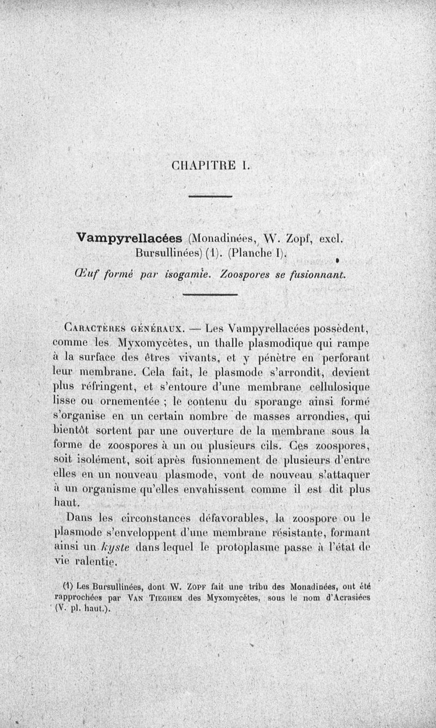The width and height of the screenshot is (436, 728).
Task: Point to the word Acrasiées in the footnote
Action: [350, 597]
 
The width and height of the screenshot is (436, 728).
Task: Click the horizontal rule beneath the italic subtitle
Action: [210, 295]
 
